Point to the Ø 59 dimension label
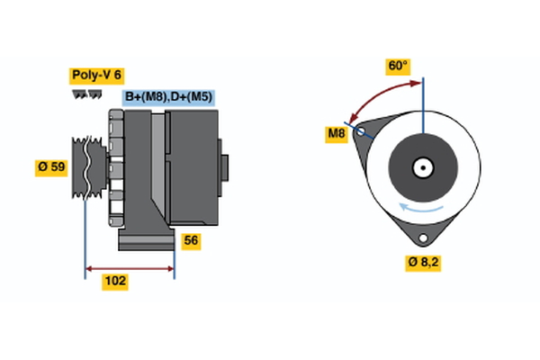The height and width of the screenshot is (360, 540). coord(51,167)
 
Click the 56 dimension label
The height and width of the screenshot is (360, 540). coord(191,240)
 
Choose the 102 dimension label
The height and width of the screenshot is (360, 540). coord(115,281)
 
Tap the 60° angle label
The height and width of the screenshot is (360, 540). coord(398,66)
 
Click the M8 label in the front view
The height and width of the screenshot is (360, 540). coord(336,134)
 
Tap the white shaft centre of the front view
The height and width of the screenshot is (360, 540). coord(421,167)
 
